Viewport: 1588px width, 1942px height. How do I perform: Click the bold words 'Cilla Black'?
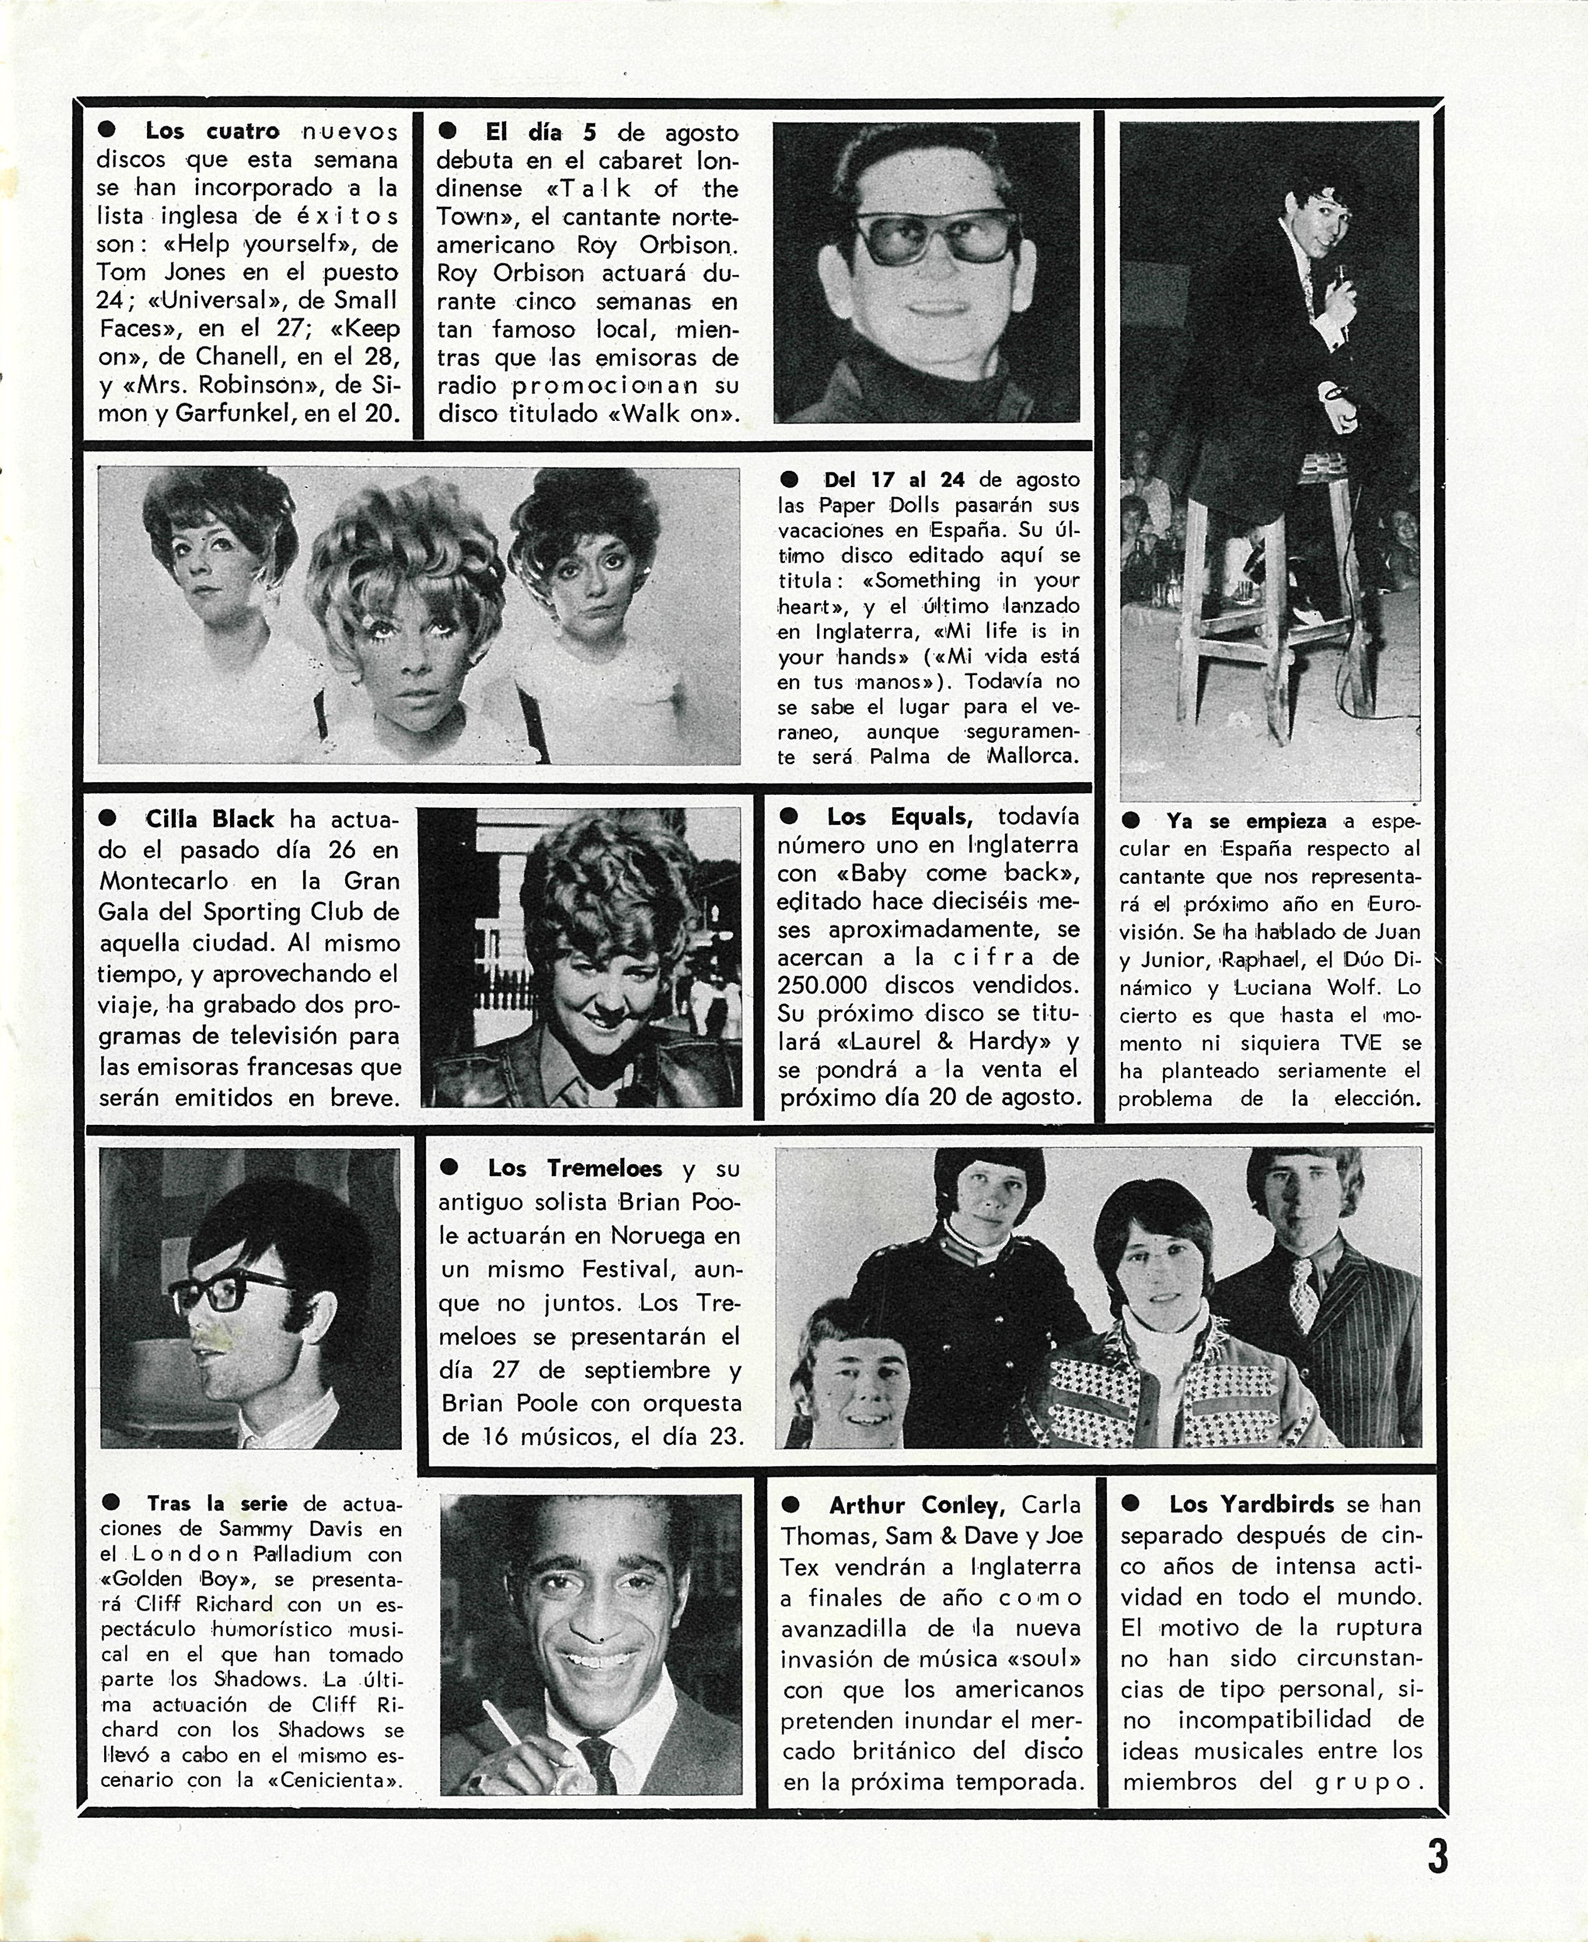pos(209,820)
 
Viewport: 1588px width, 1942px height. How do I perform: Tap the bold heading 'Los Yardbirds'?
pos(1251,1504)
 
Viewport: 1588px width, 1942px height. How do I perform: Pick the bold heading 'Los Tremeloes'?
pos(574,1168)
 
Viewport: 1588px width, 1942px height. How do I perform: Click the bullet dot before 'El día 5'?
pos(447,131)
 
